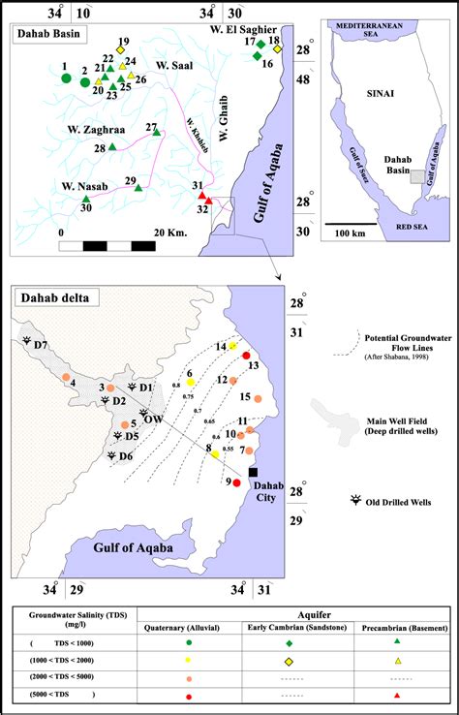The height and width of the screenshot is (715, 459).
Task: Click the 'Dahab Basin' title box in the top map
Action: point(49,34)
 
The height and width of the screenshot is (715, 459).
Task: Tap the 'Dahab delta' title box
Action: point(50,297)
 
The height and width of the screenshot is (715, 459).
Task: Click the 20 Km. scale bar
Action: point(107,244)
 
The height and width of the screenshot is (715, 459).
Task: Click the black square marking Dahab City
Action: point(253,472)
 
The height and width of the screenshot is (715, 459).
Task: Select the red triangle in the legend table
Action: point(399,697)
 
